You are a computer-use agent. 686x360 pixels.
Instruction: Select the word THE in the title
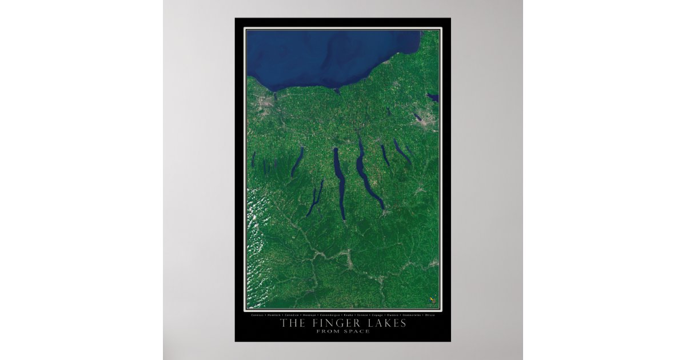pyautogui.click(x=289, y=323)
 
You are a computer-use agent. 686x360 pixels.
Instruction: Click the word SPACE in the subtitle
pyautogui.click(x=356, y=331)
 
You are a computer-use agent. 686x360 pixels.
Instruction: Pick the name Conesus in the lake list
pyautogui.click(x=257, y=315)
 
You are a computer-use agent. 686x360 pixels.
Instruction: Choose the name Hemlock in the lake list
pyautogui.click(x=273, y=315)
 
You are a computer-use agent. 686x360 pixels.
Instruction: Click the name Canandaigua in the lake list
pyautogui.click(x=328, y=315)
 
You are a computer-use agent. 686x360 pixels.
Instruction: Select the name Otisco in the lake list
pyautogui.click(x=430, y=315)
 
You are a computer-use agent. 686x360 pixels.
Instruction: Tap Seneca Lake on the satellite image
pyautogui.click(x=340, y=183)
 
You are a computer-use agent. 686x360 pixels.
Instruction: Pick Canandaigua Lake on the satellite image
pyautogui.click(x=297, y=162)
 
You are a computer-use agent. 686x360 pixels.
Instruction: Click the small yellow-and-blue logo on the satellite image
pyautogui.click(x=432, y=299)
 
